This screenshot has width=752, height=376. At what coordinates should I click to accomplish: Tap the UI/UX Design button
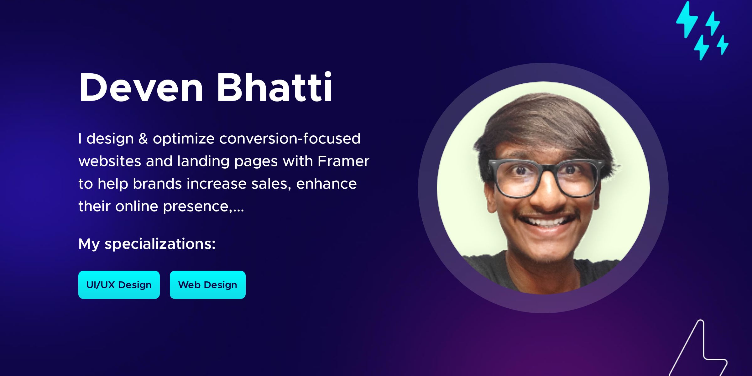[x=119, y=285]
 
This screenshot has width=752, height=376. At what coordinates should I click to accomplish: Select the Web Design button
[x=208, y=285]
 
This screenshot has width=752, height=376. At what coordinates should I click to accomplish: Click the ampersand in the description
[x=143, y=139]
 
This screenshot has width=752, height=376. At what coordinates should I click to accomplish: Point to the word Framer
[x=343, y=161]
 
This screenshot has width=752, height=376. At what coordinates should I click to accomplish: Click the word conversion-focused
[x=290, y=139]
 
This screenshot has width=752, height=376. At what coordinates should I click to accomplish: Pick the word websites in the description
[x=110, y=161]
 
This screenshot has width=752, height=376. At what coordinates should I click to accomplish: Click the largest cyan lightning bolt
[x=687, y=19]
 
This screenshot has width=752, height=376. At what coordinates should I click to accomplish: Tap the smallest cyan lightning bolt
[x=723, y=45]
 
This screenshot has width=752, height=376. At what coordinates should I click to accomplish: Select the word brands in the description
[x=157, y=184]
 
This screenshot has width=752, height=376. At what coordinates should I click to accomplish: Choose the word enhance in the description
[x=326, y=184]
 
